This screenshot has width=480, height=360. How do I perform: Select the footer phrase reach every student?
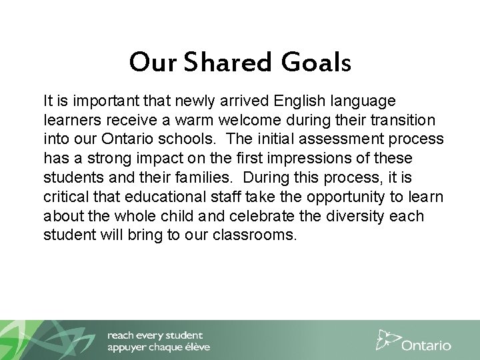[155, 335]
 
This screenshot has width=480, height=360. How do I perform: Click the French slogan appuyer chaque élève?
[159, 347]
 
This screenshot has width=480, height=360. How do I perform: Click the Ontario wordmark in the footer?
[427, 345]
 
